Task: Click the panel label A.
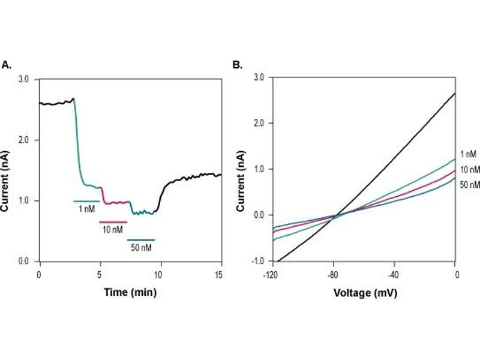click(7, 64)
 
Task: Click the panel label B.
click(237, 64)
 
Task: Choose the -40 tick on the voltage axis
click(394, 274)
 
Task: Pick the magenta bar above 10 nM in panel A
click(113, 222)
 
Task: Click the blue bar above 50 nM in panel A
click(141, 240)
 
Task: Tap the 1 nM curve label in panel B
click(468, 154)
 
